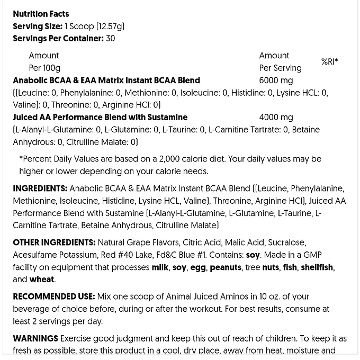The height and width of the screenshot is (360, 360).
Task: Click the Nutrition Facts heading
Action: (41, 14)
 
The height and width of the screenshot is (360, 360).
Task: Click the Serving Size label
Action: (37, 26)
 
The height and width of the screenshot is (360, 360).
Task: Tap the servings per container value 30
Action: (110, 38)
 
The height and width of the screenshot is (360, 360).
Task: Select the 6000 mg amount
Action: (276, 80)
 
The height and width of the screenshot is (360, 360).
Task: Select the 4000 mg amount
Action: (276, 117)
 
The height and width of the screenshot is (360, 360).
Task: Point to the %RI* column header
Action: (329, 62)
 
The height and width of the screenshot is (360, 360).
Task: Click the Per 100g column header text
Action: (44, 68)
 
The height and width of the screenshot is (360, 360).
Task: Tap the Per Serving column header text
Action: (280, 68)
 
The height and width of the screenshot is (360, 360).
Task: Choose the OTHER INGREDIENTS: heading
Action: (54, 242)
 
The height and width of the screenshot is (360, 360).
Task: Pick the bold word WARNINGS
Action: (35, 338)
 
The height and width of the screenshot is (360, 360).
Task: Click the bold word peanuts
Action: (226, 267)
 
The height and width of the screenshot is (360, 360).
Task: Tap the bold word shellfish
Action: (318, 267)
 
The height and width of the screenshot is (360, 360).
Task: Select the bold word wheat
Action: (42, 280)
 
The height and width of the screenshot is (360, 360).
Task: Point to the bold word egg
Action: (199, 267)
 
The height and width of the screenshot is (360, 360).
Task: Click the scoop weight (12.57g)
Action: (107, 26)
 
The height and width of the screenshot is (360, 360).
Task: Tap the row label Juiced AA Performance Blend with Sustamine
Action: (100, 117)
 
